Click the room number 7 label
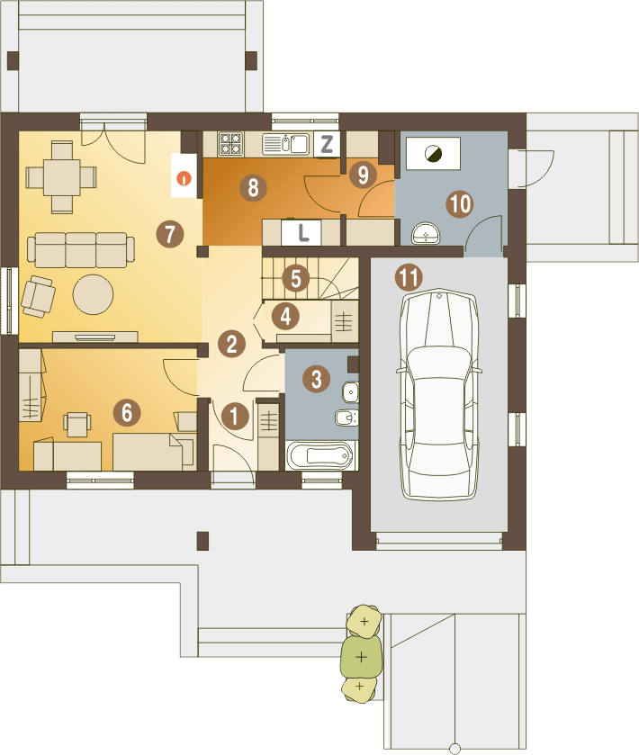[170, 234]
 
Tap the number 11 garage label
[409, 277]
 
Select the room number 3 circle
[317, 379]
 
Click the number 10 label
[460, 203]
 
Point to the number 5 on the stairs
[296, 278]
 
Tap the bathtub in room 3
[321, 455]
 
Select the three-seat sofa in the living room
[81, 250]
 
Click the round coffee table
[93, 294]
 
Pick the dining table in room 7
[61, 177]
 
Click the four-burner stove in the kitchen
[230, 143]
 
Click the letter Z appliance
[327, 144]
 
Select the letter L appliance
[301, 233]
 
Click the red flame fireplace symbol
[184, 178]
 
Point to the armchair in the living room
[38, 296]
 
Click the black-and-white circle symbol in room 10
[434, 154]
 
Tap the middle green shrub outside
[362, 657]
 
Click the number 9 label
[363, 175]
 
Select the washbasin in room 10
[426, 234]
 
